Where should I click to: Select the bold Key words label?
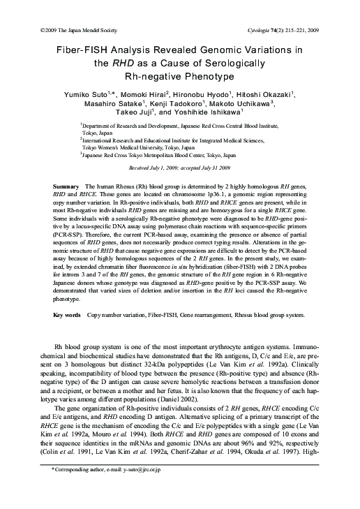coord(67,315)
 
